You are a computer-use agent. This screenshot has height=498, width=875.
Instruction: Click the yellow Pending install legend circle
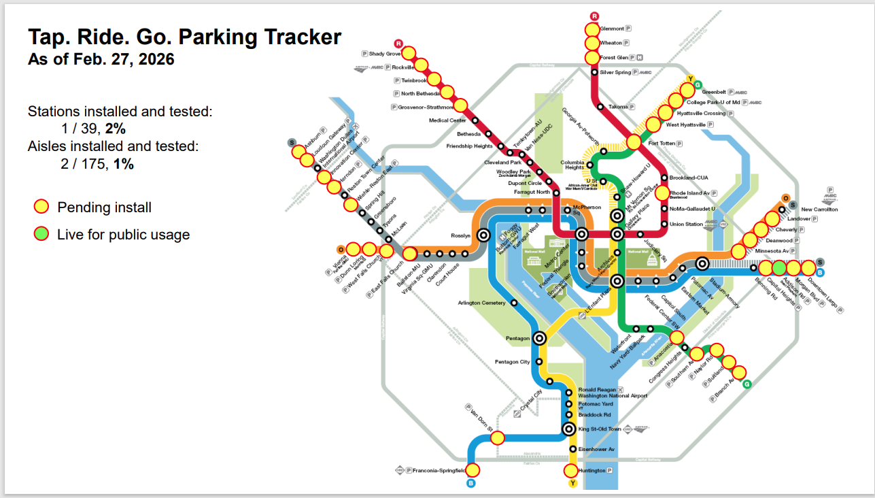(41, 207)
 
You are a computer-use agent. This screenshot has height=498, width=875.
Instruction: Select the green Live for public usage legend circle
(41, 235)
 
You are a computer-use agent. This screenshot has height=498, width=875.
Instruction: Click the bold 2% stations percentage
(115, 129)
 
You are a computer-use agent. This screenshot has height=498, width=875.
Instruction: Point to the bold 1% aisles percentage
(123, 163)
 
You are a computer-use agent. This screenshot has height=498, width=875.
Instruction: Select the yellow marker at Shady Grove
(409, 53)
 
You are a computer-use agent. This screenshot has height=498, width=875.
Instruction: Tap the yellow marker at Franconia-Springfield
(472, 469)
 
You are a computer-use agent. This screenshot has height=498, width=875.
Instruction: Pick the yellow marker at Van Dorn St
(497, 437)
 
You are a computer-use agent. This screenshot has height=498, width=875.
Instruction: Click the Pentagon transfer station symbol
(540, 337)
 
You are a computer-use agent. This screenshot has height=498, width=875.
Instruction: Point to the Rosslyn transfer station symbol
(483, 235)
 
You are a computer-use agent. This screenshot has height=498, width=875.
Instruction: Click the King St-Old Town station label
(599, 429)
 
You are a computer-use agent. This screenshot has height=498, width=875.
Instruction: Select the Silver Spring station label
(615, 72)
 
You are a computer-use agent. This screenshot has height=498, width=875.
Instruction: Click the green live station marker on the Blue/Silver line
(779, 267)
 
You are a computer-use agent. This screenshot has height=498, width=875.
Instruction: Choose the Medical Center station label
(447, 120)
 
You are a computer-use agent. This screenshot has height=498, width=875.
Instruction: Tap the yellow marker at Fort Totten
(633, 142)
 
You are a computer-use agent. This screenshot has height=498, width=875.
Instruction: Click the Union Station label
(686, 225)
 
